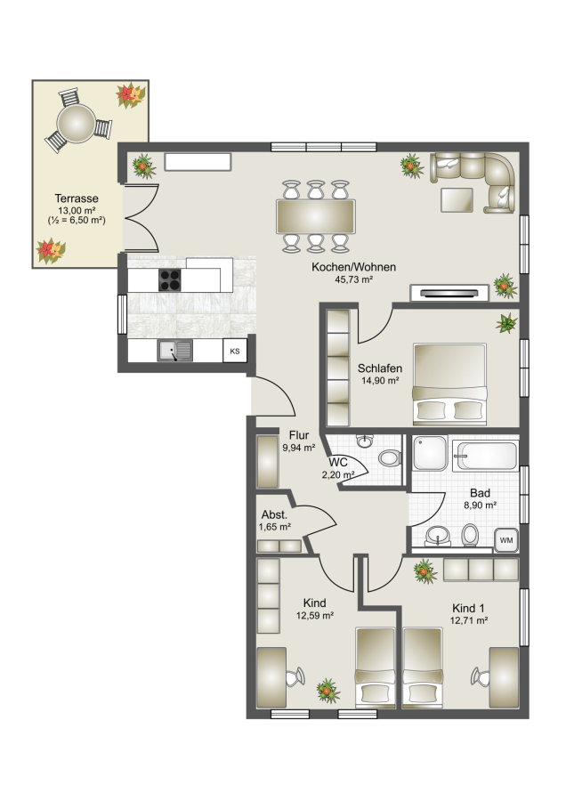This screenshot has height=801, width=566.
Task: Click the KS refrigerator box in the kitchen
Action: [235, 352]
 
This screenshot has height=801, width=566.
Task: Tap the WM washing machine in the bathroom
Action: [506, 540]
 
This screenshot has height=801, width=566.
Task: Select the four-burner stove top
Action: [170, 280]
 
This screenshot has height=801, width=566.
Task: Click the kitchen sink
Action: [174, 351]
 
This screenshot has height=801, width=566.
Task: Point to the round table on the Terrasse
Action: [77, 123]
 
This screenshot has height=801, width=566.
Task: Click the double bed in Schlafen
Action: [449, 384]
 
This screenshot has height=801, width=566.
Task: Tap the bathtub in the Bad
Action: [486, 456]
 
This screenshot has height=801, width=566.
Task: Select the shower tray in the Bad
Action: [430, 453]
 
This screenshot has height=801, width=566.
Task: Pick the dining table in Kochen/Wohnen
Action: [316, 216]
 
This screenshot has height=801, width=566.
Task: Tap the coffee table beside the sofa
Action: [457, 199]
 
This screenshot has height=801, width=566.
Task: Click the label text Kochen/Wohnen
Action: [353, 267]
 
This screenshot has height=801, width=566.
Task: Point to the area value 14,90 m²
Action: [380, 381]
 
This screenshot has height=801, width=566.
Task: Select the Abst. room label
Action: [274, 515]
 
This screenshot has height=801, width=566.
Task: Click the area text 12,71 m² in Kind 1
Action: [468, 620]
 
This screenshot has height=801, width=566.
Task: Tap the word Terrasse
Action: [77, 198]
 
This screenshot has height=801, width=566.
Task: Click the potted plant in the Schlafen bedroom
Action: [506, 323]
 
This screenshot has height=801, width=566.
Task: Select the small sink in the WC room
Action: [365, 441]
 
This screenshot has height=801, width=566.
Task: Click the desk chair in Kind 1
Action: [481, 677]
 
